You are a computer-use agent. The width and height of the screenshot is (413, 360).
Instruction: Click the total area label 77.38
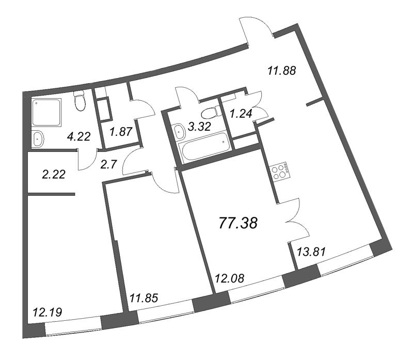238,223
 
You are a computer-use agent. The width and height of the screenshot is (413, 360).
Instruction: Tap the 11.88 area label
282,71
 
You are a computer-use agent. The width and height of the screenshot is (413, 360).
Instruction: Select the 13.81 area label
312,252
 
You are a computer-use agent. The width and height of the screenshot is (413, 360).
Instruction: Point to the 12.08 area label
230,278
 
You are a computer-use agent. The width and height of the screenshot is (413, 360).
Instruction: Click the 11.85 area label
144,298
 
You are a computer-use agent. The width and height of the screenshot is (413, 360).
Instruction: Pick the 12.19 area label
47,312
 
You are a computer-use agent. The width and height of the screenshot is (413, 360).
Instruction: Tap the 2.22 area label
54,175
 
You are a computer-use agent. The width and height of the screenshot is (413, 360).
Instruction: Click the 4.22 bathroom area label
79,136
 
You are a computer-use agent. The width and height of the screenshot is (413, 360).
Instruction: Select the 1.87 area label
121,132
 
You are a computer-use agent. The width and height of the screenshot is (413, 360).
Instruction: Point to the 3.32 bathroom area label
199,127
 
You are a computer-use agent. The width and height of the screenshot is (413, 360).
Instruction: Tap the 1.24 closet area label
241,114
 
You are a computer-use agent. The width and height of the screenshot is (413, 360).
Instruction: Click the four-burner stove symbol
280,171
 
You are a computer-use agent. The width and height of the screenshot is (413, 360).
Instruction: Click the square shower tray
46,112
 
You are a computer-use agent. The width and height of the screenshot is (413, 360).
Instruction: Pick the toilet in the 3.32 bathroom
210,113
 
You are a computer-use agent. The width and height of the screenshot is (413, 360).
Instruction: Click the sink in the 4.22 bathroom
38,138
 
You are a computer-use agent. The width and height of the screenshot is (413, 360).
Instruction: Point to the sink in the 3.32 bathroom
180,131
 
